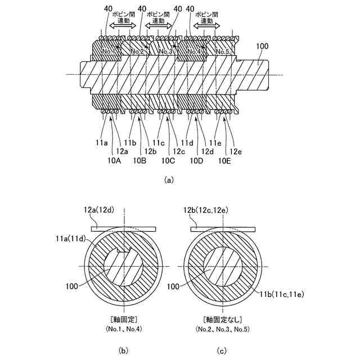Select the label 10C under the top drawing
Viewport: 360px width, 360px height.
[168, 161]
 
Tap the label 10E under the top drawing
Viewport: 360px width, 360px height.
[225, 161]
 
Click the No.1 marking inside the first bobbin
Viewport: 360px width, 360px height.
[109, 52]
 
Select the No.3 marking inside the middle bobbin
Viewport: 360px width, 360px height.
[165, 52]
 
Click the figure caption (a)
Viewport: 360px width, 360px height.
[168, 181]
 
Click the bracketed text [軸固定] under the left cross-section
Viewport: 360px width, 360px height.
[123, 318]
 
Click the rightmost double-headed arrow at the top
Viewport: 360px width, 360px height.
[206, 26]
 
